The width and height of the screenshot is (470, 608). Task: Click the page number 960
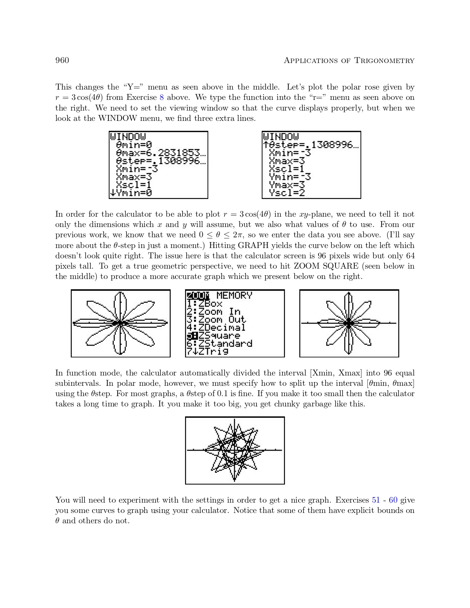62,60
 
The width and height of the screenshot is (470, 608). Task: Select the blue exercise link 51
376,500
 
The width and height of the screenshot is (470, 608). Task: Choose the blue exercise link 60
393,500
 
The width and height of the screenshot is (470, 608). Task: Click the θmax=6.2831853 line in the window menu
161,153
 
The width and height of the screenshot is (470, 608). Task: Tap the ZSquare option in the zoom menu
219,336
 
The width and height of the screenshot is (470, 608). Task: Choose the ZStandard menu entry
225,343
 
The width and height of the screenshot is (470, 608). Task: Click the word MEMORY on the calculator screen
234,296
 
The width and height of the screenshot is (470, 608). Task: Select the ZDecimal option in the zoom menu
221,328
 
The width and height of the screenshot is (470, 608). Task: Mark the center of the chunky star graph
234,450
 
